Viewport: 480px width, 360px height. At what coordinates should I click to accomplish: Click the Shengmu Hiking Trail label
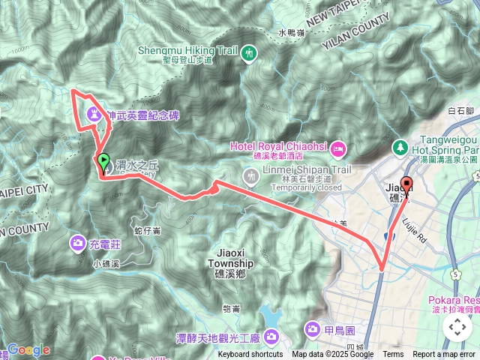(x=187, y=52)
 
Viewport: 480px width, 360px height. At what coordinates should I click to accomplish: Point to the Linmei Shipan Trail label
(x=307, y=169)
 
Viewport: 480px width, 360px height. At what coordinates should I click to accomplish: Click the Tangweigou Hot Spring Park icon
(x=400, y=145)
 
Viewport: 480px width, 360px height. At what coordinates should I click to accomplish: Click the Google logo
(x=28, y=349)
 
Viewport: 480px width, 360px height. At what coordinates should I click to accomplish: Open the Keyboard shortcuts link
(x=250, y=355)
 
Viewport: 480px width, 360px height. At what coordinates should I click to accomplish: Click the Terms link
(x=393, y=355)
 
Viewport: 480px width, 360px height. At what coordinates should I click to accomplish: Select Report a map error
(x=445, y=355)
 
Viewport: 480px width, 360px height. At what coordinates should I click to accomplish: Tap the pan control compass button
(x=457, y=328)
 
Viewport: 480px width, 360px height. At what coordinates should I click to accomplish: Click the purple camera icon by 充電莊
(x=77, y=243)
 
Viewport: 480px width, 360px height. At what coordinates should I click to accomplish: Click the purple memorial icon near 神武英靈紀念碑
(x=94, y=114)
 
